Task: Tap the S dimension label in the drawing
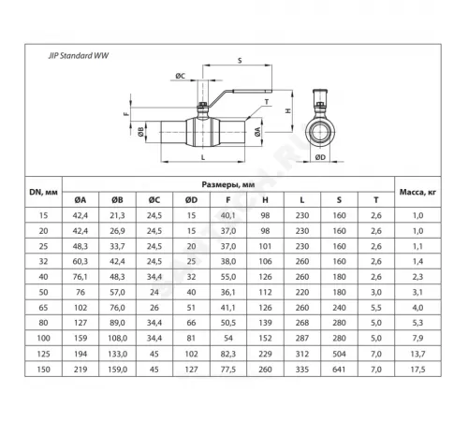(239, 61)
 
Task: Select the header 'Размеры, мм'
(227, 185)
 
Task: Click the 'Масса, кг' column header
(417, 192)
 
